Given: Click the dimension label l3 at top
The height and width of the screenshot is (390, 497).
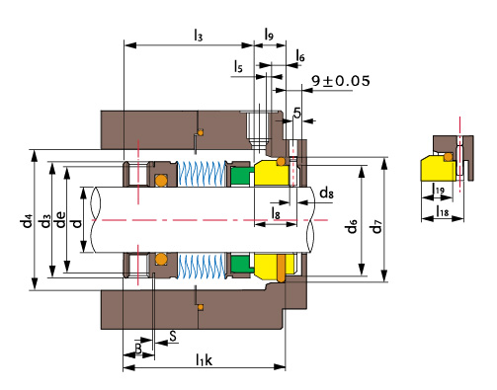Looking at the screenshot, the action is tap(198, 35).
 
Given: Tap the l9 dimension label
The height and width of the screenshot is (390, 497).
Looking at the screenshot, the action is tap(269, 35).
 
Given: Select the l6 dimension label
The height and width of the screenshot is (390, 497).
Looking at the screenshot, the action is tap(300, 55).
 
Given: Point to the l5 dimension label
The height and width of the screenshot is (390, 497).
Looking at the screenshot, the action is tap(238, 66).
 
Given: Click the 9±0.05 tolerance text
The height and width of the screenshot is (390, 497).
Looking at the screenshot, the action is tap(341, 81).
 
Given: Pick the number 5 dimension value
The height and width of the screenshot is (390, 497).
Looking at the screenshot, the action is tap(297, 113).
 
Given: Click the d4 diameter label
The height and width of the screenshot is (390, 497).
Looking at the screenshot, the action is tap(27, 221).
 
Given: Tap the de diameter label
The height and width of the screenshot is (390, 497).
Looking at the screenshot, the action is tap(60, 220).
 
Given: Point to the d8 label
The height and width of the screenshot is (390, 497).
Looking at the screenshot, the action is tap(327, 193).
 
